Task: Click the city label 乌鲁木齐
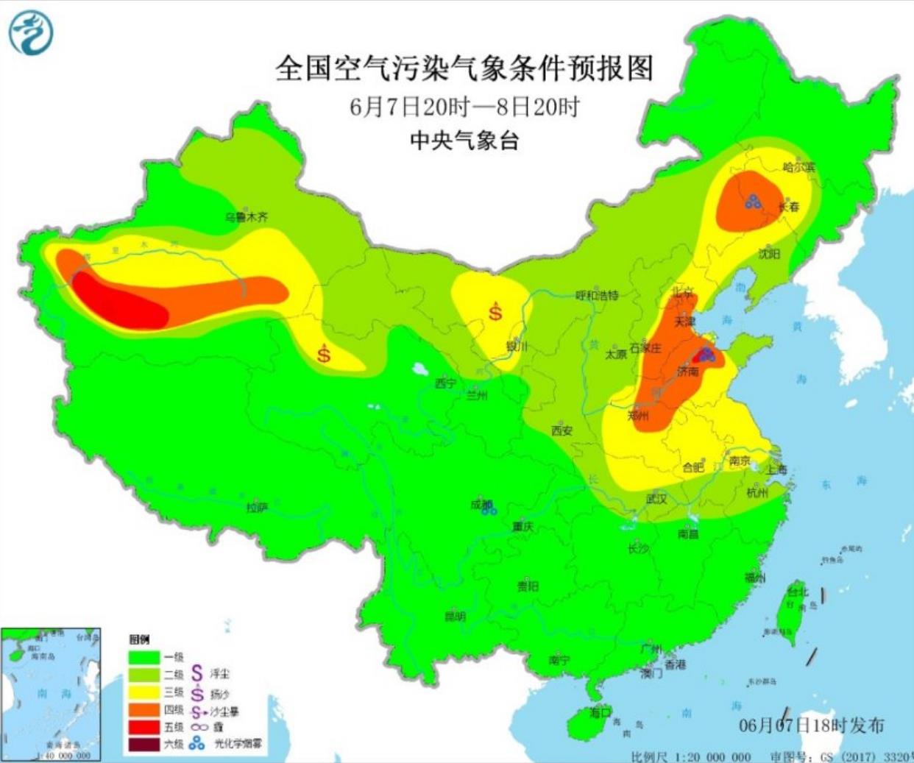247,217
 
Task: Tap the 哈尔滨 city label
798,167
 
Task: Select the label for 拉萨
256,508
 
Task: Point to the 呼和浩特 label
597,295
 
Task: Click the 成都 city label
481,505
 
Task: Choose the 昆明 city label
454,617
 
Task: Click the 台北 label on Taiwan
798,592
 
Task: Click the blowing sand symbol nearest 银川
496,311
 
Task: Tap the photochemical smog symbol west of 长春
753,201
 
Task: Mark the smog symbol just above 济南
706,355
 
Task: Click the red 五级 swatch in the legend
145,727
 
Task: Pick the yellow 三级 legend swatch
145,692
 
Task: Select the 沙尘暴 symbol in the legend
196,711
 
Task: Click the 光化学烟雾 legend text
237,744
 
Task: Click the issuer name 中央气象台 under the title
464,140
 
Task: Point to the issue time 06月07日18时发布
811,725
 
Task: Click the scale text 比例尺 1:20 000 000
690,756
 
